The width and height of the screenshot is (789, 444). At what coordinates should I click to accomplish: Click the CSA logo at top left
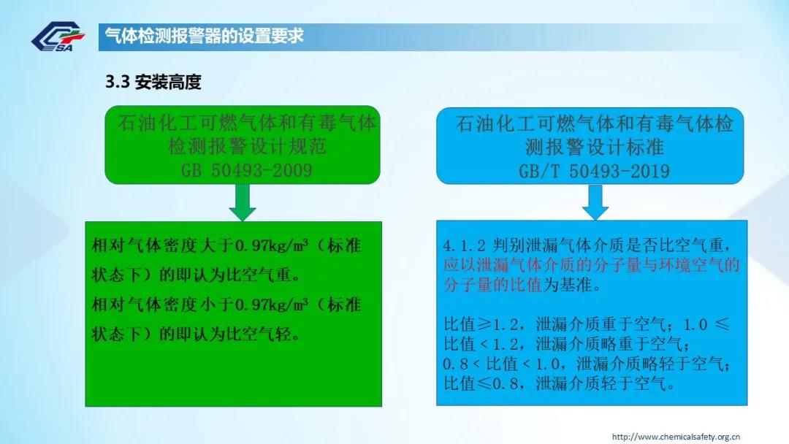58,37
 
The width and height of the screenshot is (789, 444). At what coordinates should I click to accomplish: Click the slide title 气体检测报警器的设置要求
204,37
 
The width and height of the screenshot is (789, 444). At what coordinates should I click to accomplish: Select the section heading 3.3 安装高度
153,82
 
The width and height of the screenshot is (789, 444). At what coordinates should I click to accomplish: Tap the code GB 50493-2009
247,170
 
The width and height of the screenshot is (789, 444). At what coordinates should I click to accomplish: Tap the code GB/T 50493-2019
594,172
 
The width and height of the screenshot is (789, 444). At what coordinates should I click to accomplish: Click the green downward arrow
243,202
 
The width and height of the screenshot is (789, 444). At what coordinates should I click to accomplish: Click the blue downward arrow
595,202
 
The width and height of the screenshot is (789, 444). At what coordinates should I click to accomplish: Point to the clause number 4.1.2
464,246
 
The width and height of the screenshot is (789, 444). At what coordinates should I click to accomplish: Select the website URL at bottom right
676,437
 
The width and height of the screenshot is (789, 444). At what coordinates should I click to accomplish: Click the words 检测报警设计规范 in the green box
247,146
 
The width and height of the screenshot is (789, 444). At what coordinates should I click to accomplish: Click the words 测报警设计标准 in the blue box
594,147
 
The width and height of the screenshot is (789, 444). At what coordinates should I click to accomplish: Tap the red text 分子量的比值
492,285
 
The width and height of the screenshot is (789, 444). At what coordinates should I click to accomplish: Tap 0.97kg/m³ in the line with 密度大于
272,246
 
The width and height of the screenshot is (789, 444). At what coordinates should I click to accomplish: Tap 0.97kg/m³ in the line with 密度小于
272,305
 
